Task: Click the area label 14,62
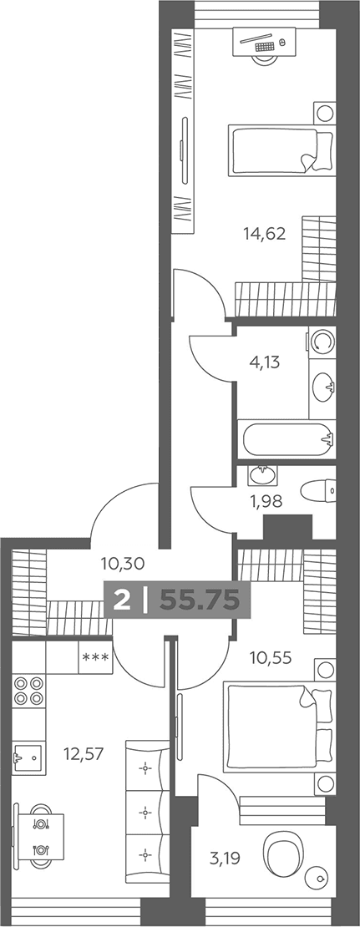point(264,234)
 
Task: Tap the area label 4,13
point(264,362)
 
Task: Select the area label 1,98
point(265,502)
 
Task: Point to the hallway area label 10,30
point(123,564)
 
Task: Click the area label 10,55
point(270,656)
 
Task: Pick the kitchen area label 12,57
point(84,753)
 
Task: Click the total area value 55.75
point(200,600)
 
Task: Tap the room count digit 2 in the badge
point(122,600)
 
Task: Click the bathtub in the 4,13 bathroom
point(286,438)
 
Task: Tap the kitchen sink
point(28,754)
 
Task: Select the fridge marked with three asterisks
point(95,656)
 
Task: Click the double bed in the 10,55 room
point(280,727)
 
